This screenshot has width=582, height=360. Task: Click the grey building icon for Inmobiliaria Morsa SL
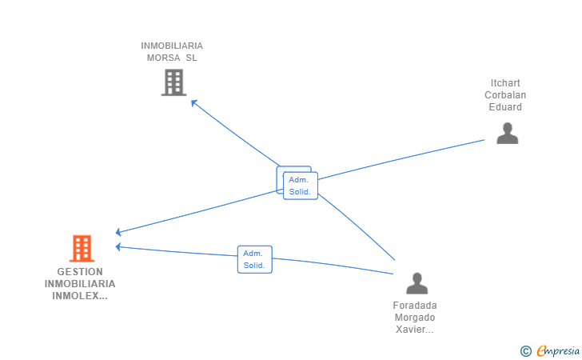[173, 82]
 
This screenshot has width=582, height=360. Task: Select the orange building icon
[82, 249]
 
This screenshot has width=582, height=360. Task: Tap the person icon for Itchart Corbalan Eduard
[507, 133]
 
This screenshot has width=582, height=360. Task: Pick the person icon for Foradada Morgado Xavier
[417, 283]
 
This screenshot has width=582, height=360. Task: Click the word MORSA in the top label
[161, 58]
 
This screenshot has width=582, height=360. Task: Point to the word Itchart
[506, 83]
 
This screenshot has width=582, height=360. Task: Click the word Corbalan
[506, 95]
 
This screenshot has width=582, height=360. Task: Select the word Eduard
[506, 107]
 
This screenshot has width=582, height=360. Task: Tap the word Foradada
[415, 305]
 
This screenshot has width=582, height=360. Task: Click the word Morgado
[415, 317]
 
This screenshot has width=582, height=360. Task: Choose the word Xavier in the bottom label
[413, 329]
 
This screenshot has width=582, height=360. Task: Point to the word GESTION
[80, 272]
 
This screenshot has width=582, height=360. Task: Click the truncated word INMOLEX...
[80, 296]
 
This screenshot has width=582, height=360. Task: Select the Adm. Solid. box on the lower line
[254, 259]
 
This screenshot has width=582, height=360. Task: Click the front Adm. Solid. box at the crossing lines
[301, 186]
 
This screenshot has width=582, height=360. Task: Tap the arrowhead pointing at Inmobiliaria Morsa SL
[193, 102]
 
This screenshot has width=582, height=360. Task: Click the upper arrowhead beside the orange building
[119, 232]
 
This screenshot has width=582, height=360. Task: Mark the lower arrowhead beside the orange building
[119, 246]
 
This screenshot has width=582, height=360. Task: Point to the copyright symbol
[525, 350]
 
